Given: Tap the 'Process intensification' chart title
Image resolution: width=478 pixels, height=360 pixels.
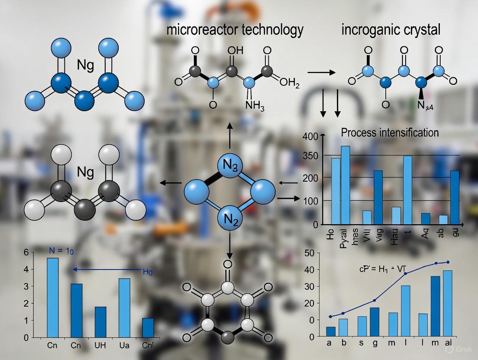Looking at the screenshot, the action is (390, 132).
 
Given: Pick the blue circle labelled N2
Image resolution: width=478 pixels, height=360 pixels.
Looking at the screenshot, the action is (229, 219).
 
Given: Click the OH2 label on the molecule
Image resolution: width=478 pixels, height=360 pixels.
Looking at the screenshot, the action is (289, 84).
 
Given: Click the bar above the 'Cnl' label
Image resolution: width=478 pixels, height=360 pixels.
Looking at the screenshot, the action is (148, 328).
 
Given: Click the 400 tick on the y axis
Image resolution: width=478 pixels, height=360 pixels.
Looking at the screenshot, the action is (313, 136).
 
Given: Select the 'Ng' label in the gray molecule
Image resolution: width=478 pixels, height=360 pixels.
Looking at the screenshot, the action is (85, 172).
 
